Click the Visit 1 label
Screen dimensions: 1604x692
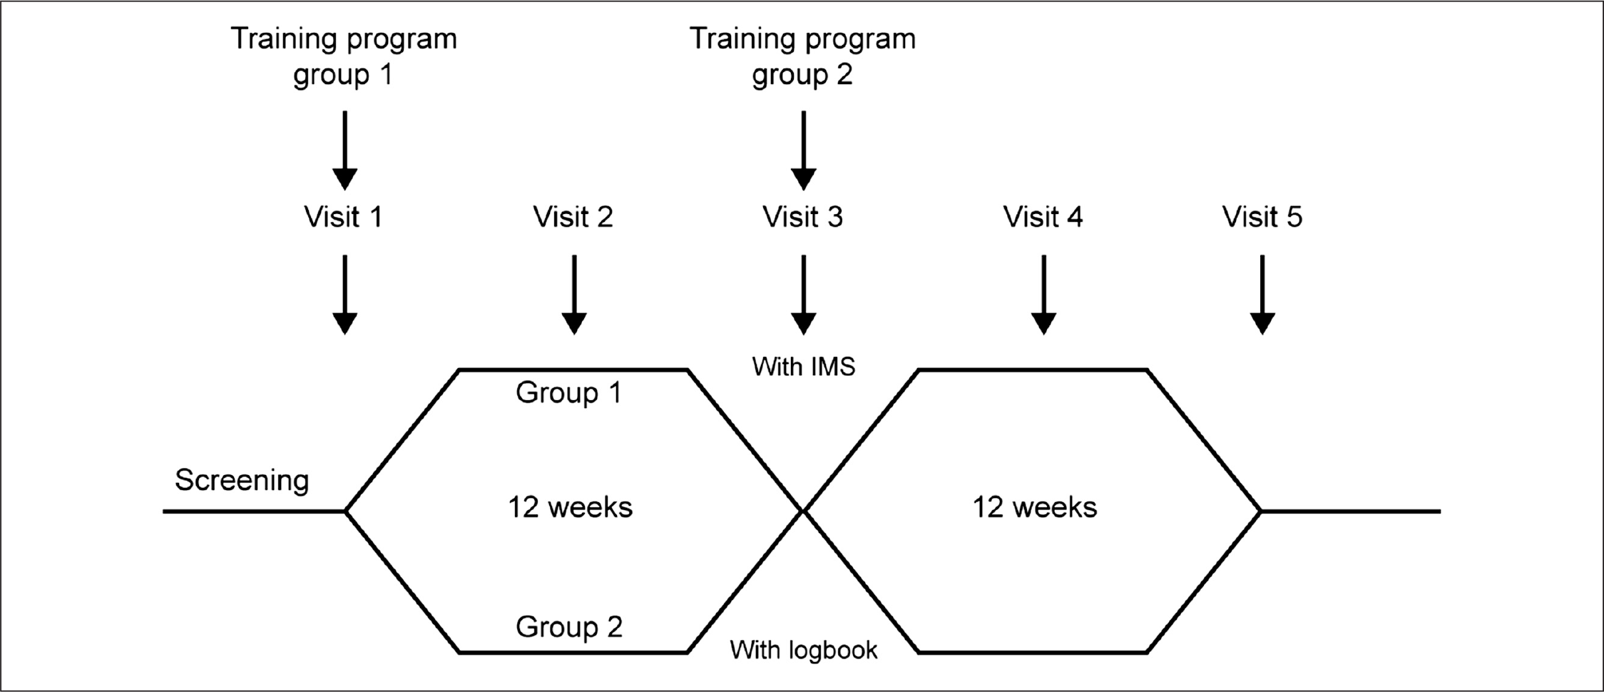pos(344,217)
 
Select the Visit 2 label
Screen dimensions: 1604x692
pos(573,217)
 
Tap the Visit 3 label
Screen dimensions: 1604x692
pos(803,217)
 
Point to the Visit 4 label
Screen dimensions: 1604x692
pos(1043,217)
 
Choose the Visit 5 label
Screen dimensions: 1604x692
pos(1262,217)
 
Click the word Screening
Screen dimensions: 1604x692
pos(242,481)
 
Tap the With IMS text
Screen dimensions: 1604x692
pos(804,367)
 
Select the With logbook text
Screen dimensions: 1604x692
pos(804,650)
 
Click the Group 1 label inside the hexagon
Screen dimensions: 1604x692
pos(569,392)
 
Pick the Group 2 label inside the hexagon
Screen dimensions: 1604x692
pos(569,627)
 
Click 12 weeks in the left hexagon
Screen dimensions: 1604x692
pos(570,507)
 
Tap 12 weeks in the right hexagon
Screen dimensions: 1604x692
pos(1035,507)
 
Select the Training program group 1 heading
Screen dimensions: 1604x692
pos(344,56)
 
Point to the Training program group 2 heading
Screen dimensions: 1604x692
pos(803,56)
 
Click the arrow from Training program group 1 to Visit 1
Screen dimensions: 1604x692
pos(345,151)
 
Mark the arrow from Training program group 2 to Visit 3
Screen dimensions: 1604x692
pos(804,151)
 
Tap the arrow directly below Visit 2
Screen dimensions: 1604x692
pos(574,295)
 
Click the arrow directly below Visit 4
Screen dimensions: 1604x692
pos(1043,295)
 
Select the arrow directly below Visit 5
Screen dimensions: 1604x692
pos(1262,295)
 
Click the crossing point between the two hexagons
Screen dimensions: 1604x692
pos(803,511)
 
